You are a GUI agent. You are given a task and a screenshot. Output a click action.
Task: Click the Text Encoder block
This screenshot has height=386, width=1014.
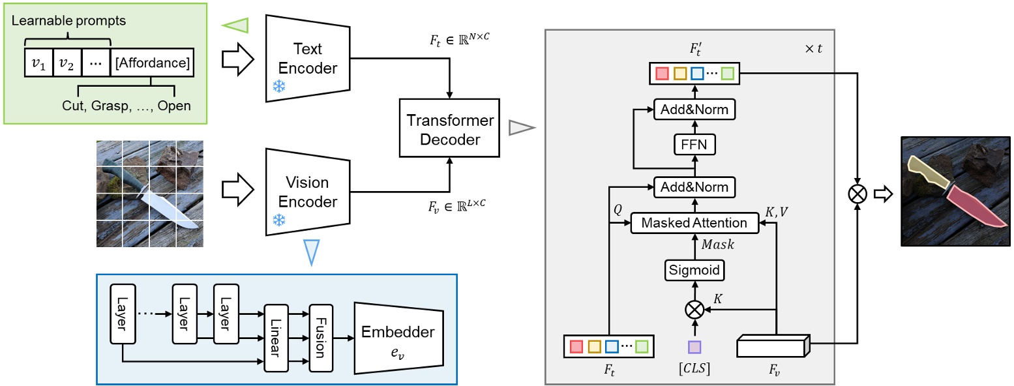[x=308, y=58]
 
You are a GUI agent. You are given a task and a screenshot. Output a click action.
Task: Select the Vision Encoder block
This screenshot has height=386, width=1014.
[x=308, y=192]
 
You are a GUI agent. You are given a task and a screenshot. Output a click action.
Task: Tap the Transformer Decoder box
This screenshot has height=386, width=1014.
[x=450, y=130]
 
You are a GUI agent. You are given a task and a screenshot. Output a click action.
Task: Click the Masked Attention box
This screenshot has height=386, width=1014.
[x=694, y=223]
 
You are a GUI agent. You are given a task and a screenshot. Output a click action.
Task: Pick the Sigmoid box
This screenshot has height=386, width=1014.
[x=694, y=269]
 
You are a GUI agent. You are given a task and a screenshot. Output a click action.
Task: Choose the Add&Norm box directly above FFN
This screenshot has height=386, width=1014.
[x=694, y=110]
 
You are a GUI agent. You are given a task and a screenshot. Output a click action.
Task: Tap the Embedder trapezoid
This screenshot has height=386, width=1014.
[x=398, y=338]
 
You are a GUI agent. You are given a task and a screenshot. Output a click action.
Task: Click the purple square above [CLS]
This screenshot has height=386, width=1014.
[x=694, y=346]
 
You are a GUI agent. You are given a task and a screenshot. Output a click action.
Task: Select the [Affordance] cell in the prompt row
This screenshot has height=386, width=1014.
[x=152, y=63]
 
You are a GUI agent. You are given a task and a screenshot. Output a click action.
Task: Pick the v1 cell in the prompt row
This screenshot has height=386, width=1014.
[x=38, y=63]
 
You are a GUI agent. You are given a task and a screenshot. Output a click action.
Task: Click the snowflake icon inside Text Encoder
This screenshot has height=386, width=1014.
[x=278, y=87]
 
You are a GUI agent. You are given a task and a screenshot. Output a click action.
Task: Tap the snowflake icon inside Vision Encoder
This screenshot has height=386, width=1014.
[x=278, y=220]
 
